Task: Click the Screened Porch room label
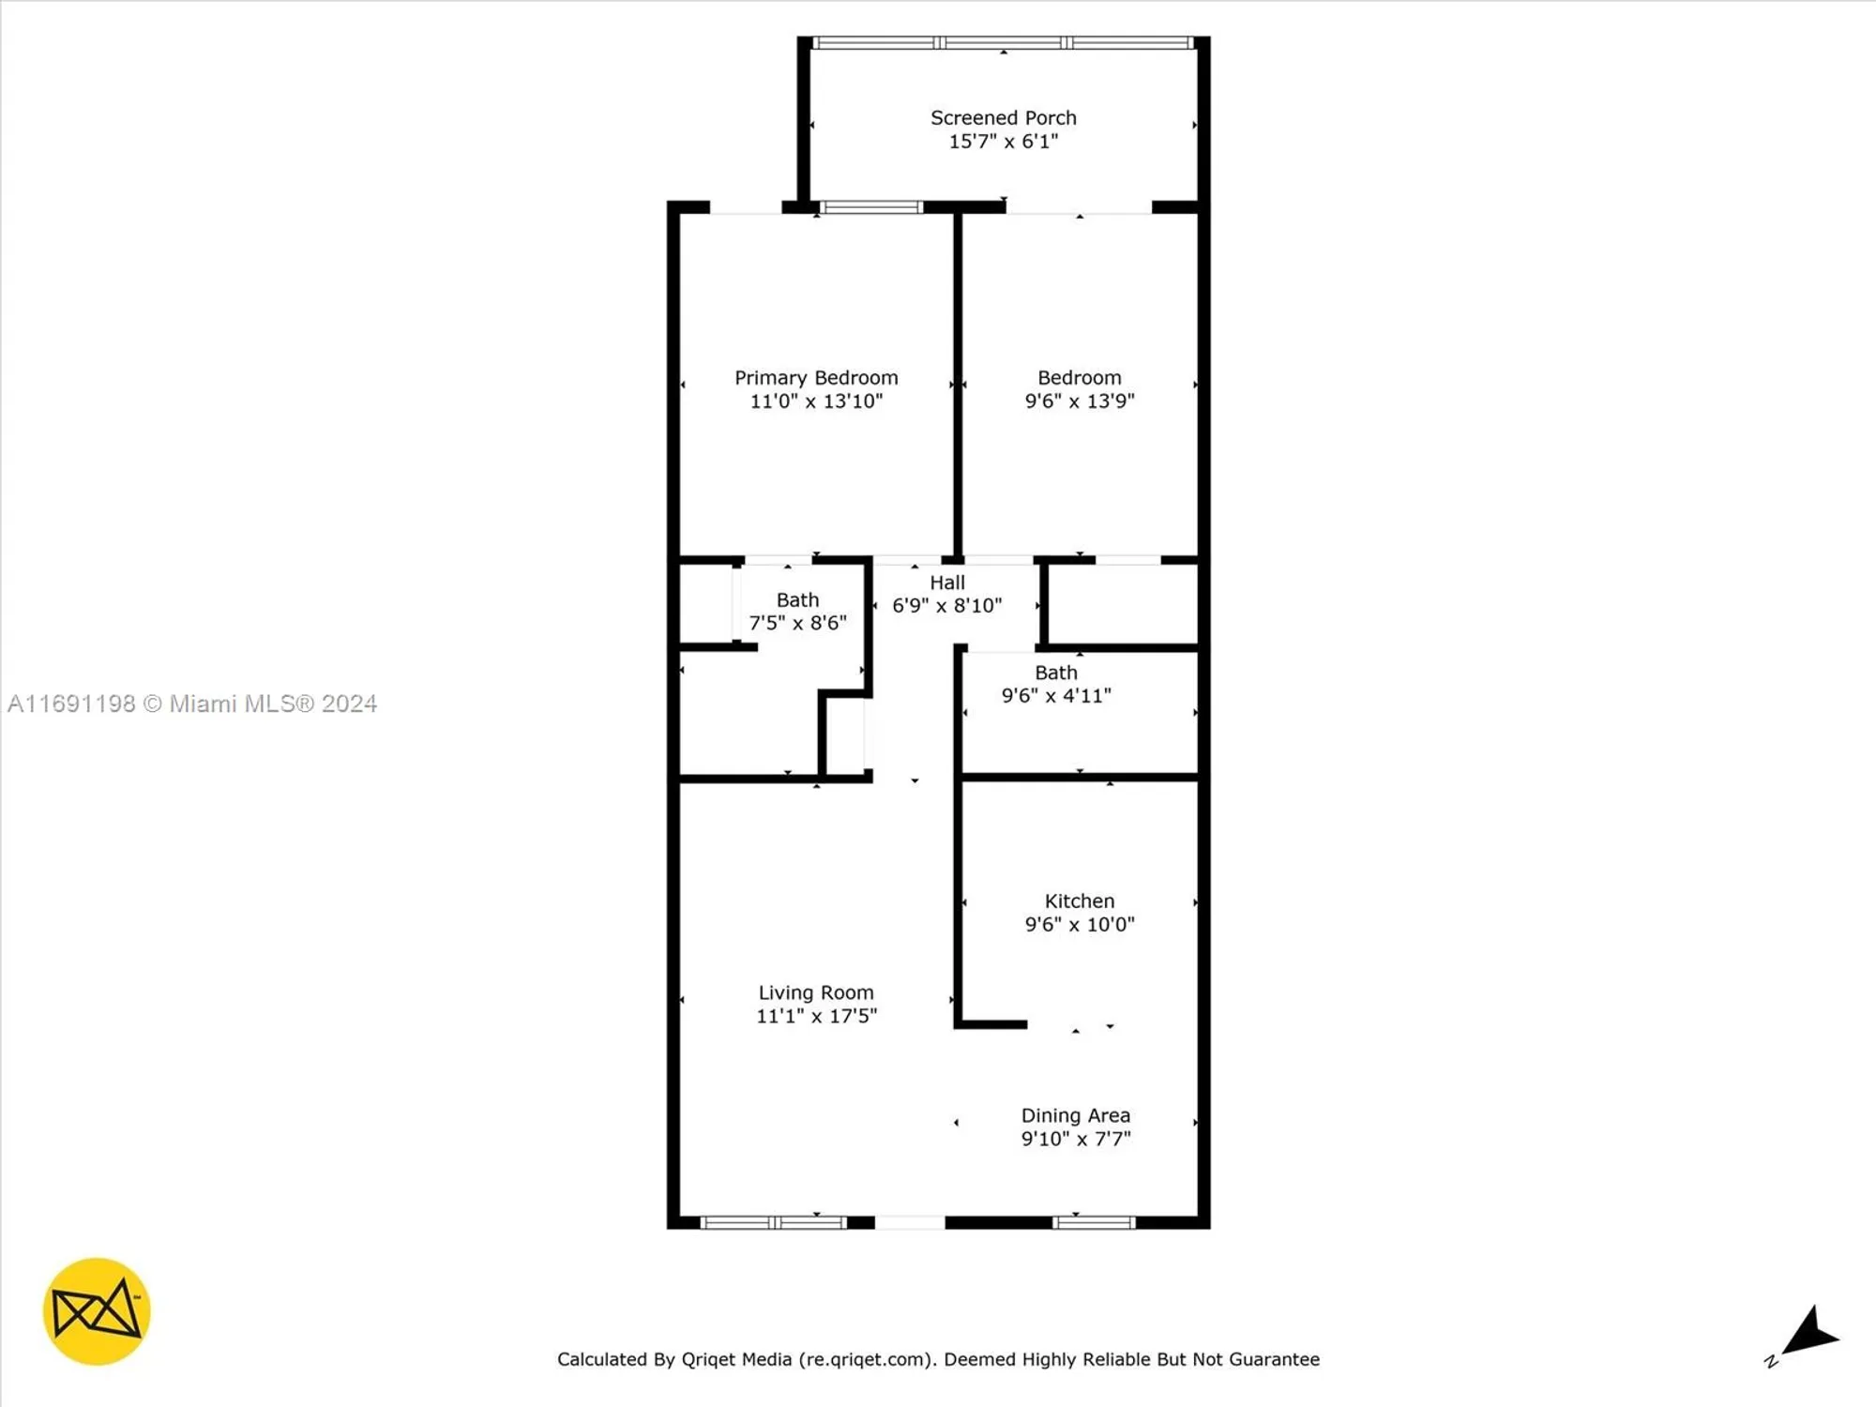click(1003, 118)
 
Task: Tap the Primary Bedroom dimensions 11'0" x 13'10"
click(816, 401)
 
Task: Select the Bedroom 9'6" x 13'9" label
click(1079, 389)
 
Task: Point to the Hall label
click(946, 582)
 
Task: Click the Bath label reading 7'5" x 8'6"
click(797, 612)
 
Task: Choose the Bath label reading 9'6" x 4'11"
click(1056, 685)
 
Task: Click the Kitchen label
click(1079, 901)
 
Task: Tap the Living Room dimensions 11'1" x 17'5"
click(816, 1016)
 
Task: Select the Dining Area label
click(1075, 1115)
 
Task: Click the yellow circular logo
click(97, 1311)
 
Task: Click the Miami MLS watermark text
click(192, 703)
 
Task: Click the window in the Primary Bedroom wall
click(871, 207)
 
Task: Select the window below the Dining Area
click(1093, 1222)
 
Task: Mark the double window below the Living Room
click(774, 1222)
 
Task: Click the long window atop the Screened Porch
click(1003, 43)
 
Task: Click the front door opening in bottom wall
click(909, 1222)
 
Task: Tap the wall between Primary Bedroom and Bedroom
click(958, 385)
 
